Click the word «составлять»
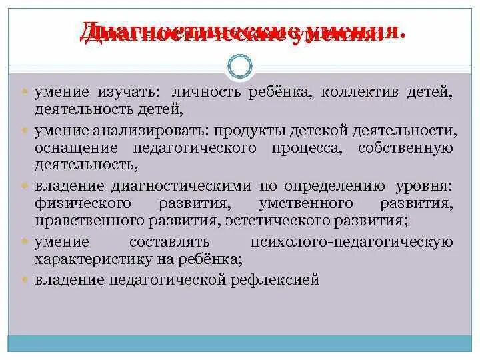170,242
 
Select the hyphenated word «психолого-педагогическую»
349,242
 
